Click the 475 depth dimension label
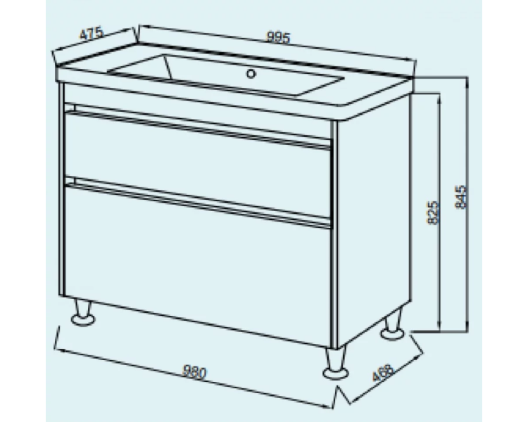pyautogui.click(x=91, y=34)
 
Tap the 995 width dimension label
pyautogui.click(x=278, y=37)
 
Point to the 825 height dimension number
pyautogui.click(x=433, y=212)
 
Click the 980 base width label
pyautogui.click(x=194, y=372)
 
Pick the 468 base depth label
pyautogui.click(x=383, y=372)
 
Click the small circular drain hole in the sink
pyautogui.click(x=251, y=73)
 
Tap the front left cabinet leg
pyautogui.click(x=83, y=313)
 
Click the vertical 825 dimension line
pyautogui.click(x=439, y=212)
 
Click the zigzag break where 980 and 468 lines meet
pyautogui.click(x=339, y=397)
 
